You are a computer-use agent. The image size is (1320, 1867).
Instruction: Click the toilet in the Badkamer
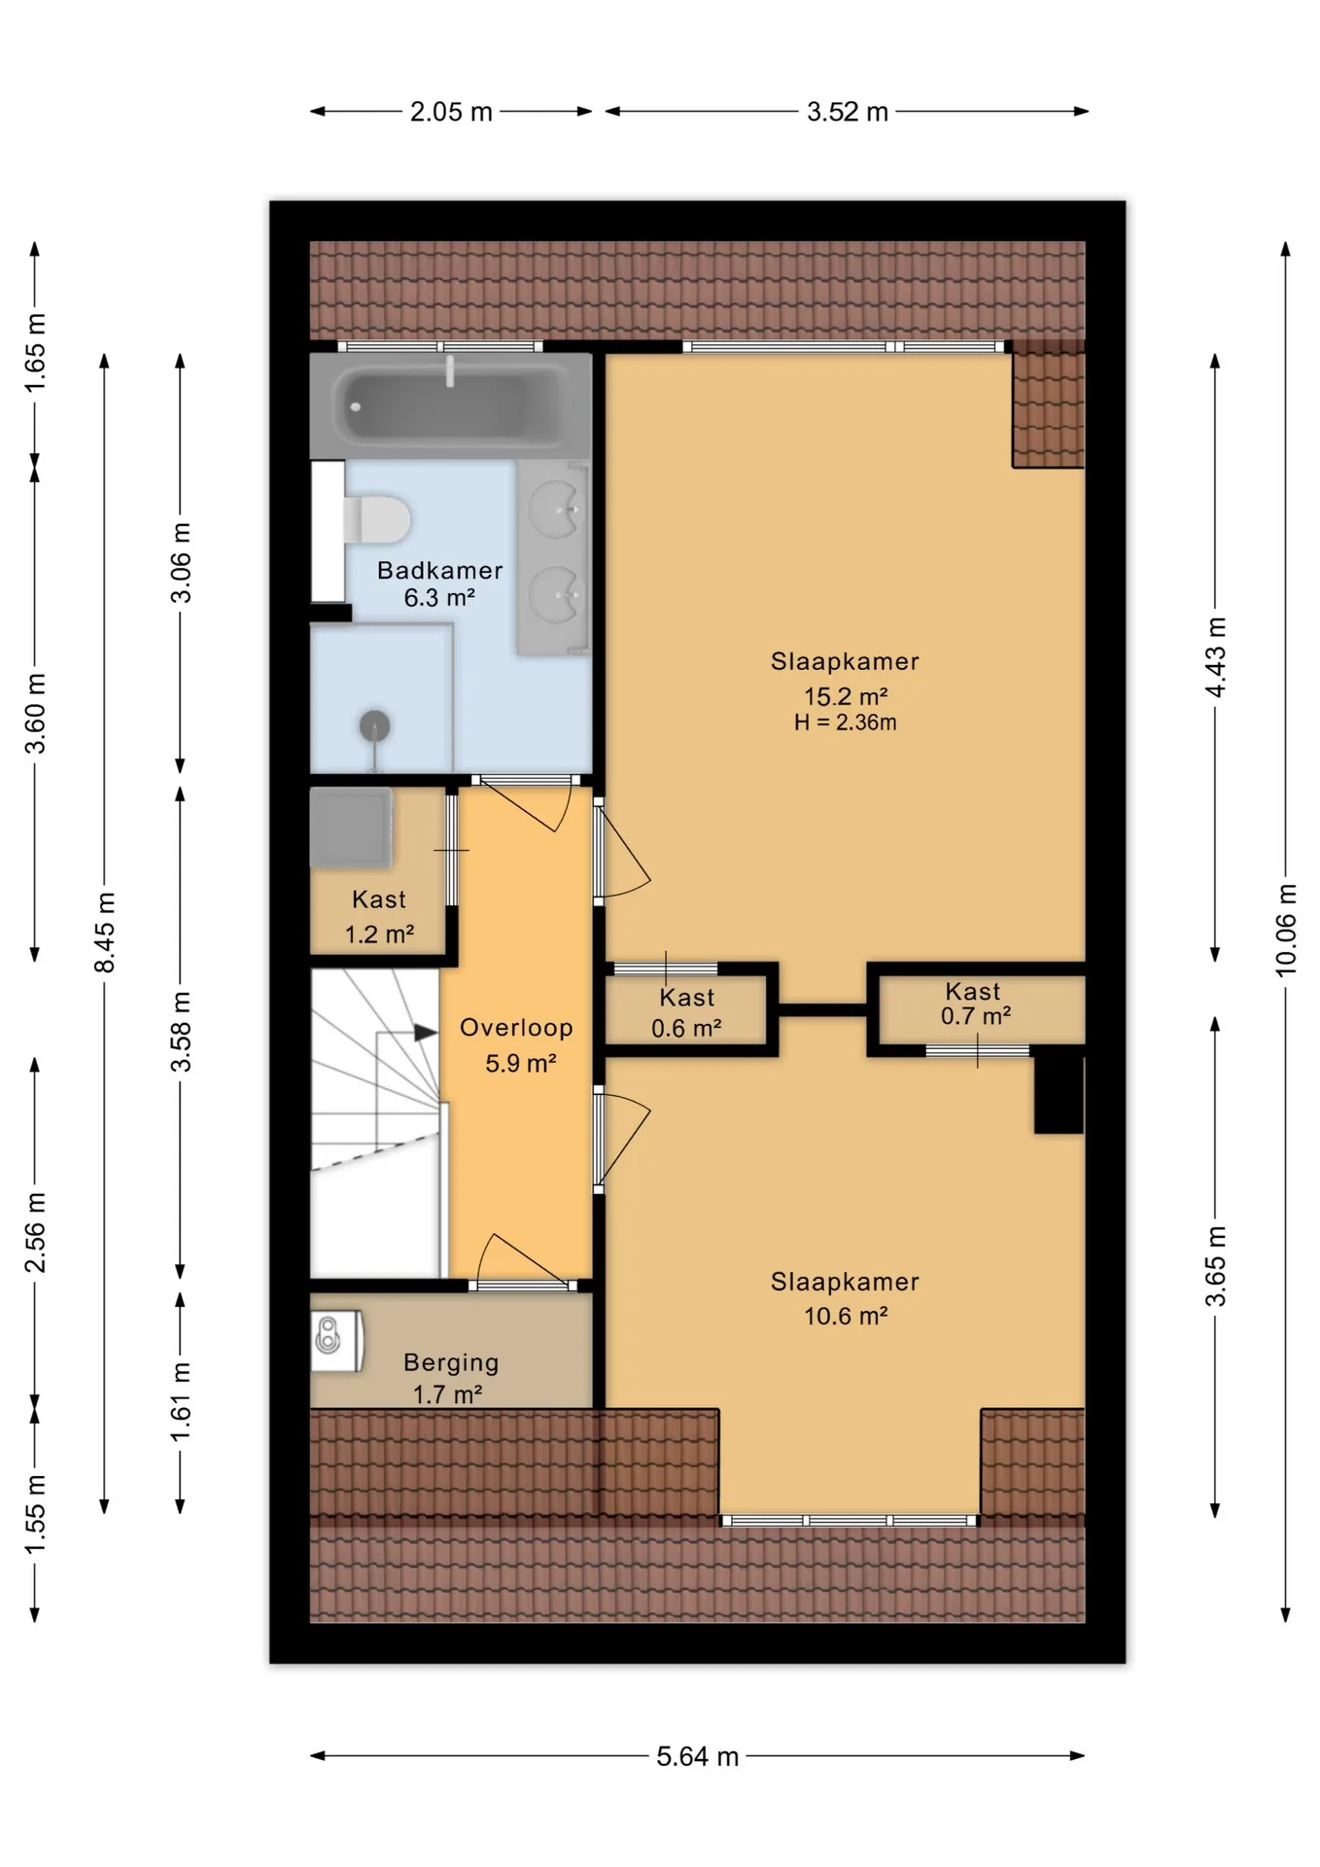pos(375,519)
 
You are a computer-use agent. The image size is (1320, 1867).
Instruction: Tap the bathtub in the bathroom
pos(450,405)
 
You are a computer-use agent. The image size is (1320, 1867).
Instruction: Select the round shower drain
pos(375,725)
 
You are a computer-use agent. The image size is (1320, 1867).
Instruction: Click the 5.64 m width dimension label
pos(698,1756)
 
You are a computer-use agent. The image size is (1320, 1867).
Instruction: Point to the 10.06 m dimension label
pos(1286,930)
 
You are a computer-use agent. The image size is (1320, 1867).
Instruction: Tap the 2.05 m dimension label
pos(451,112)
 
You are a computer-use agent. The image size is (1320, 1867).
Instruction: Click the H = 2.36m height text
pos(845,722)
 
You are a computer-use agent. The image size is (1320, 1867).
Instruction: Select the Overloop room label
pos(516,1028)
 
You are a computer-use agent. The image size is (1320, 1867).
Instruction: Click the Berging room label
pos(451,1362)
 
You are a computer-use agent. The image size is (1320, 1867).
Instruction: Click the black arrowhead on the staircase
pos(426,1033)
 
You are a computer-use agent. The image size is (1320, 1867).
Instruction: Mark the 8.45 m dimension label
pos(105,932)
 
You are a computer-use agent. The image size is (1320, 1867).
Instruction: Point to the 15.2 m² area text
pos(846,696)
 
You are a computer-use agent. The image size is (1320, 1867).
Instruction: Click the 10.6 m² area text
pos(846,1316)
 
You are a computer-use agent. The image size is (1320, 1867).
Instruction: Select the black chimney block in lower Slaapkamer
pos(1059,1092)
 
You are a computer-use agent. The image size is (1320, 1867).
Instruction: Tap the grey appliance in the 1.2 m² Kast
pos(351,828)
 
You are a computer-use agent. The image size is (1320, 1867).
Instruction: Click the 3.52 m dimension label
pos(848,112)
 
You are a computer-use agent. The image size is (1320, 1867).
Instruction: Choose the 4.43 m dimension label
pos(1215,657)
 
